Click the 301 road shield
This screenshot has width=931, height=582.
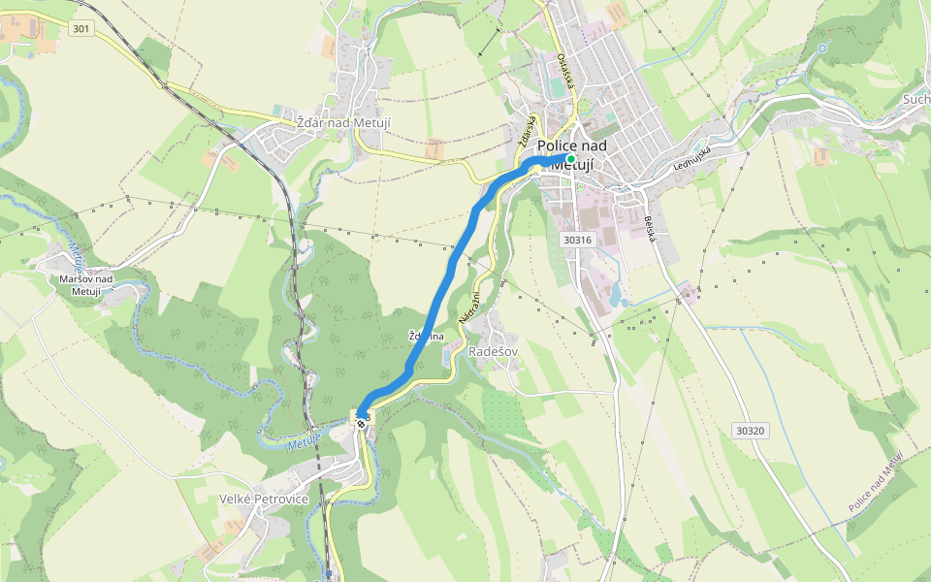click(81, 29)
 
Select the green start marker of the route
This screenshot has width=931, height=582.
click(570, 158)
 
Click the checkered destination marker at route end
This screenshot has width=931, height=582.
click(361, 420)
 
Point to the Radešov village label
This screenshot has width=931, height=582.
click(493, 351)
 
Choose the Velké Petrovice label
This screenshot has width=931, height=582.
click(265, 499)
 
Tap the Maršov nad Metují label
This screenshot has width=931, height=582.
click(86, 285)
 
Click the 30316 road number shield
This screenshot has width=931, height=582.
click(576, 239)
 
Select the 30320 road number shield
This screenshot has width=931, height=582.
click(750, 430)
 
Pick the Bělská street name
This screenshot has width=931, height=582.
click(648, 229)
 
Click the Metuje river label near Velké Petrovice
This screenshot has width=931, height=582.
click(305, 444)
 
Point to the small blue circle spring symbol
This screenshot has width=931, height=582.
click(822, 48)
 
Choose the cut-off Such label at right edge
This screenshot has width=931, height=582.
click(915, 99)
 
